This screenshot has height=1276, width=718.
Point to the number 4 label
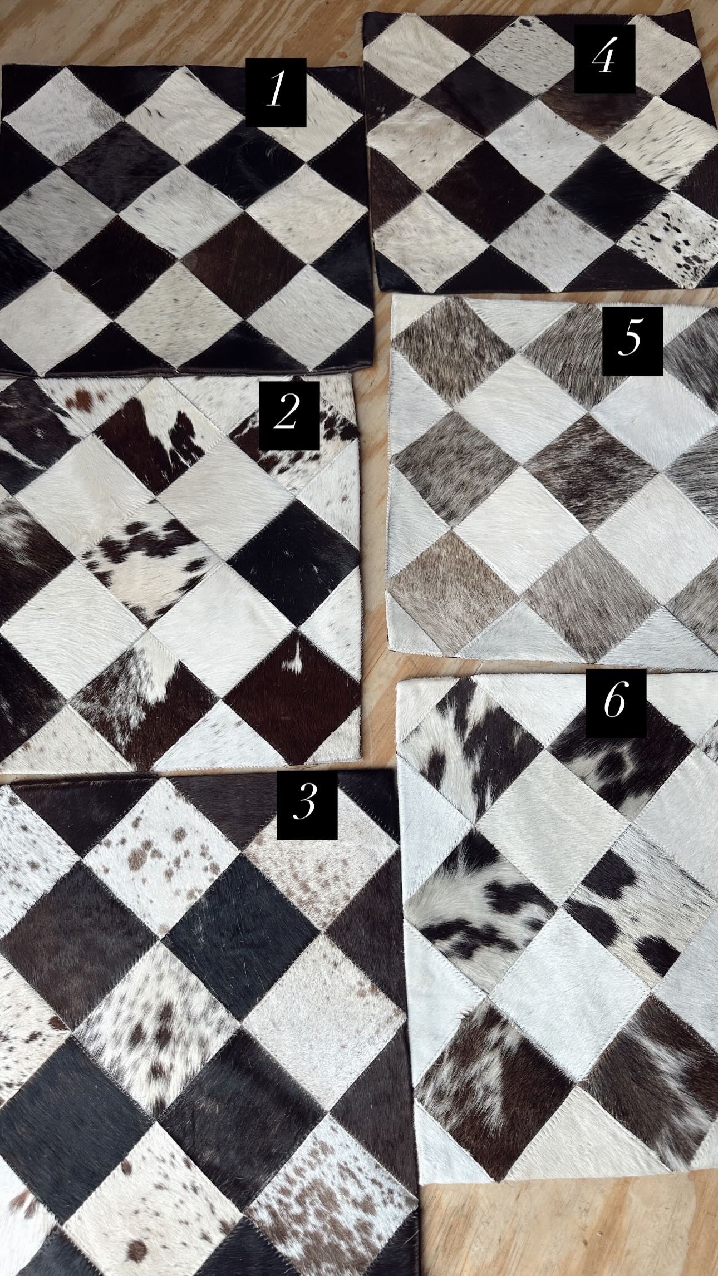[604, 61]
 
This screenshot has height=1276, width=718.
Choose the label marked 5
[632, 340]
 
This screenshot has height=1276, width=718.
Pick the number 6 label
[616, 704]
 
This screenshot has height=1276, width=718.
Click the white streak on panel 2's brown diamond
[292, 662]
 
